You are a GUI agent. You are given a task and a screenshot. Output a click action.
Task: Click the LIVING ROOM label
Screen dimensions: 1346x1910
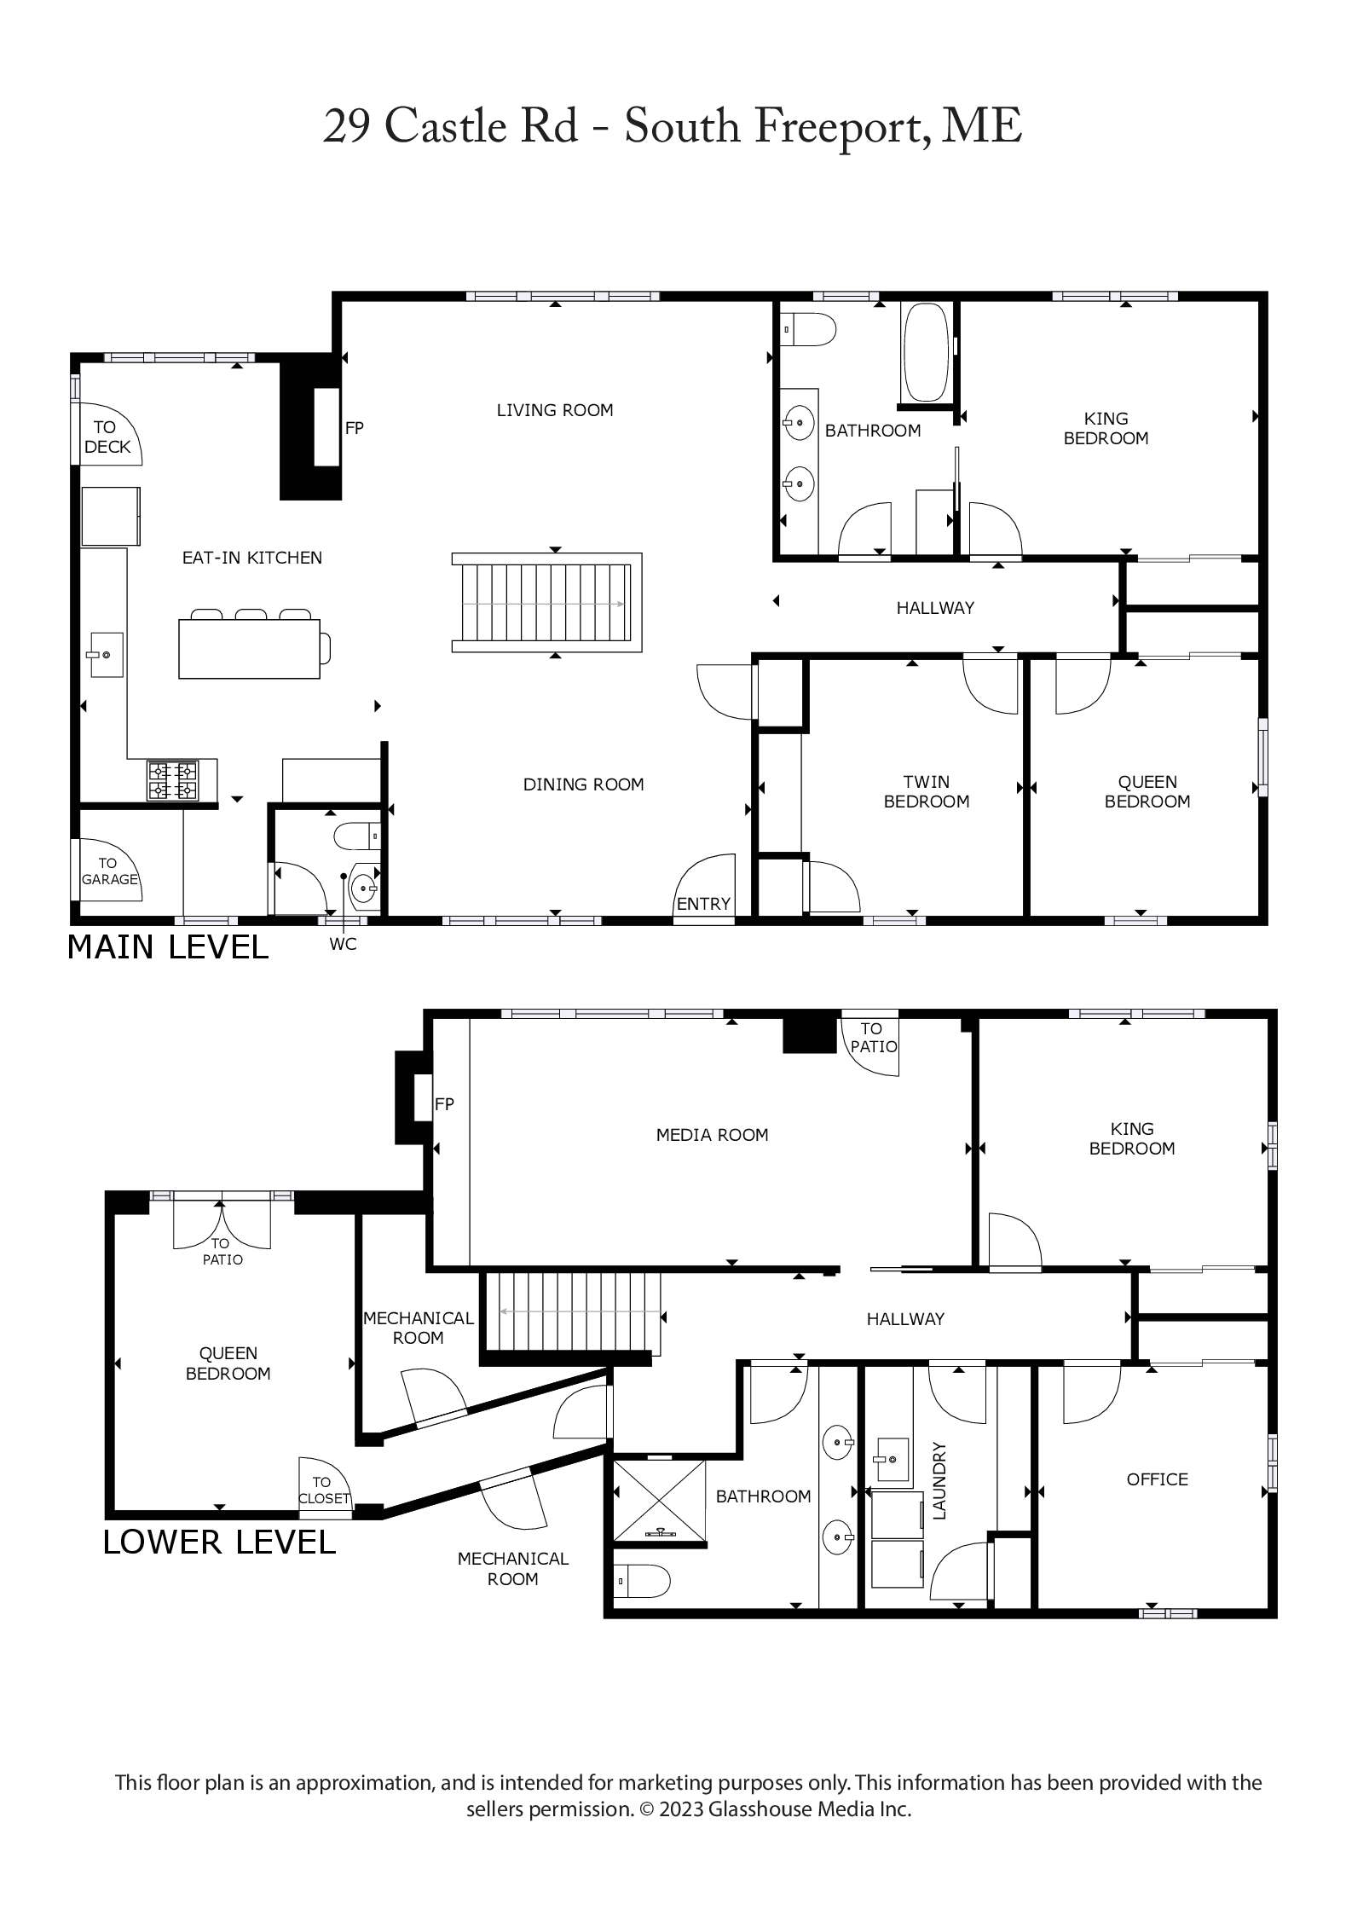coord(555,410)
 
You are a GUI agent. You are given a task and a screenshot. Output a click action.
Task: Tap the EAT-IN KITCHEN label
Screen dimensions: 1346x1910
coord(252,558)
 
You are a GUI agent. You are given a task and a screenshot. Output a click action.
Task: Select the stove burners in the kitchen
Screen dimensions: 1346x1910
coord(173,780)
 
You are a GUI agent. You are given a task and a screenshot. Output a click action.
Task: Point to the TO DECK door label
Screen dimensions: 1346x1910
coord(107,437)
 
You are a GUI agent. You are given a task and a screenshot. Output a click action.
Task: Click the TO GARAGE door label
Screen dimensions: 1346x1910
coord(109,871)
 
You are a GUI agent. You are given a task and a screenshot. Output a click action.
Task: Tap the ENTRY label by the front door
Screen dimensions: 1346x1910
coord(703,904)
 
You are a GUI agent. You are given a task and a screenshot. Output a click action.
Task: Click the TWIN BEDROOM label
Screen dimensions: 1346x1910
coord(927,791)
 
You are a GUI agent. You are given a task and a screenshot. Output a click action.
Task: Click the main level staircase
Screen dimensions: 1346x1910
coord(546,603)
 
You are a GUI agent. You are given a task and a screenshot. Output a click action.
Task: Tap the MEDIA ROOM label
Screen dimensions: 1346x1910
coord(713,1135)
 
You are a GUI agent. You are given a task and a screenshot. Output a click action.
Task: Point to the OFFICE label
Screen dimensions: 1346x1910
coord(1158,1479)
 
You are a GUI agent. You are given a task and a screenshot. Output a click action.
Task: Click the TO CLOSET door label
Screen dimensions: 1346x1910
coord(324,1490)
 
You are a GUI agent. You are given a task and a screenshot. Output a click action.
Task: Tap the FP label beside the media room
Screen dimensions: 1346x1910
coord(444,1104)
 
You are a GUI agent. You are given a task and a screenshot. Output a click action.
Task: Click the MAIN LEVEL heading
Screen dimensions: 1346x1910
coord(168,947)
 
